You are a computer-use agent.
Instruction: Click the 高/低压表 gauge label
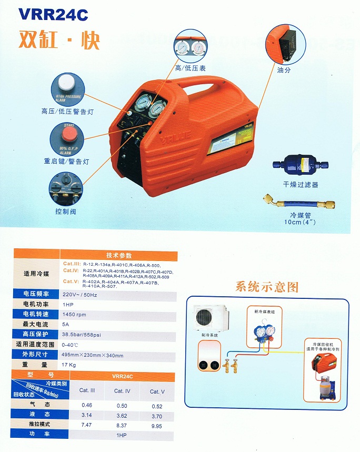tap(190, 68)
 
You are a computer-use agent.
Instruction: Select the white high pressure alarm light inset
tap(66, 84)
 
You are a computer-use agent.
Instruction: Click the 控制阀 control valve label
tap(66, 211)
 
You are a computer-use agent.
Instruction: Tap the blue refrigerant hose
tap(299, 204)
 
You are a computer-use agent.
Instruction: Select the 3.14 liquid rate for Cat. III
tap(86, 415)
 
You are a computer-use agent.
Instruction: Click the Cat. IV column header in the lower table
tap(122, 391)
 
